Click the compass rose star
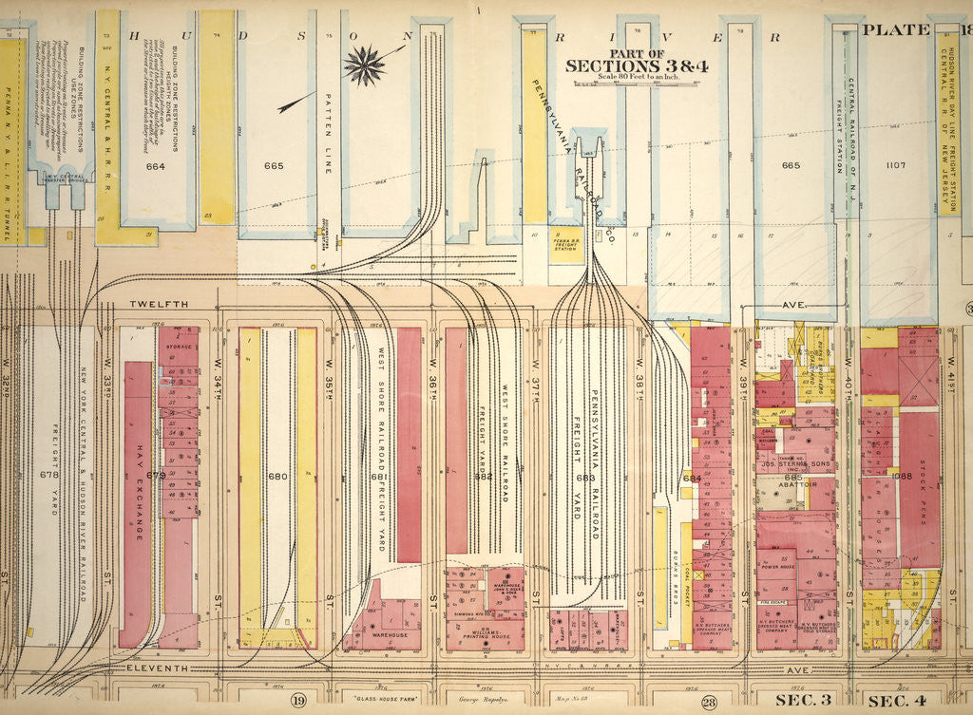tap(364, 65)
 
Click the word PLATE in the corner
tap(895, 29)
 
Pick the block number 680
tap(277, 476)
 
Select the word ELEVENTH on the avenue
tap(158, 669)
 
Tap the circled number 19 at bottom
tap(297, 701)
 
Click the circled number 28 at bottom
tap(708, 702)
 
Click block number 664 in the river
tap(156, 166)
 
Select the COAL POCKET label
tap(687, 566)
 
